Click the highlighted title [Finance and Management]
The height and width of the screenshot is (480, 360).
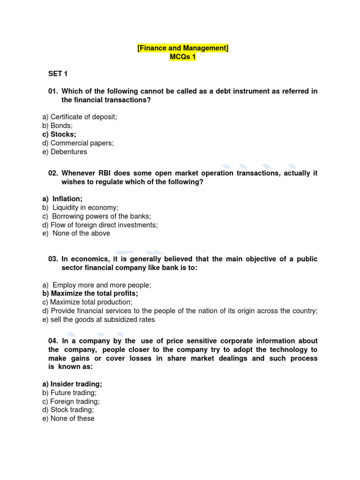(x=183, y=48)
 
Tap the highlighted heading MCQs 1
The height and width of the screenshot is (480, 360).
(x=183, y=57)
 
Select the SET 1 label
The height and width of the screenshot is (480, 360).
(x=59, y=74)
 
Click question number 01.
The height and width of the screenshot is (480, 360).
(x=53, y=91)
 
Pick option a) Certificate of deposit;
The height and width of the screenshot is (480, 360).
(x=79, y=117)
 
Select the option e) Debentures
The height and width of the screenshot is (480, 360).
(x=64, y=152)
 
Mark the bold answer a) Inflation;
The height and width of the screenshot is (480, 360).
(x=62, y=199)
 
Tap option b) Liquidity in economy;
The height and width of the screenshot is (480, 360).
(x=80, y=207)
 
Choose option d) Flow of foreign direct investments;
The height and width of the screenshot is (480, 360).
(x=100, y=225)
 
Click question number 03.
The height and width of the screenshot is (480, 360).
(x=53, y=259)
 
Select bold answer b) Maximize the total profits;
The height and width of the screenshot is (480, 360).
(x=90, y=293)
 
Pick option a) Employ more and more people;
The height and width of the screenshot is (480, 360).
(x=97, y=285)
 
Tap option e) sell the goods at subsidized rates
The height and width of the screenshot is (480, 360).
(x=98, y=320)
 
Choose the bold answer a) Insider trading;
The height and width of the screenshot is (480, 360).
(x=72, y=384)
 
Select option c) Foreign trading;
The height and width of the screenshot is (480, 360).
(x=71, y=401)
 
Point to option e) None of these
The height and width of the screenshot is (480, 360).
(x=68, y=419)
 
